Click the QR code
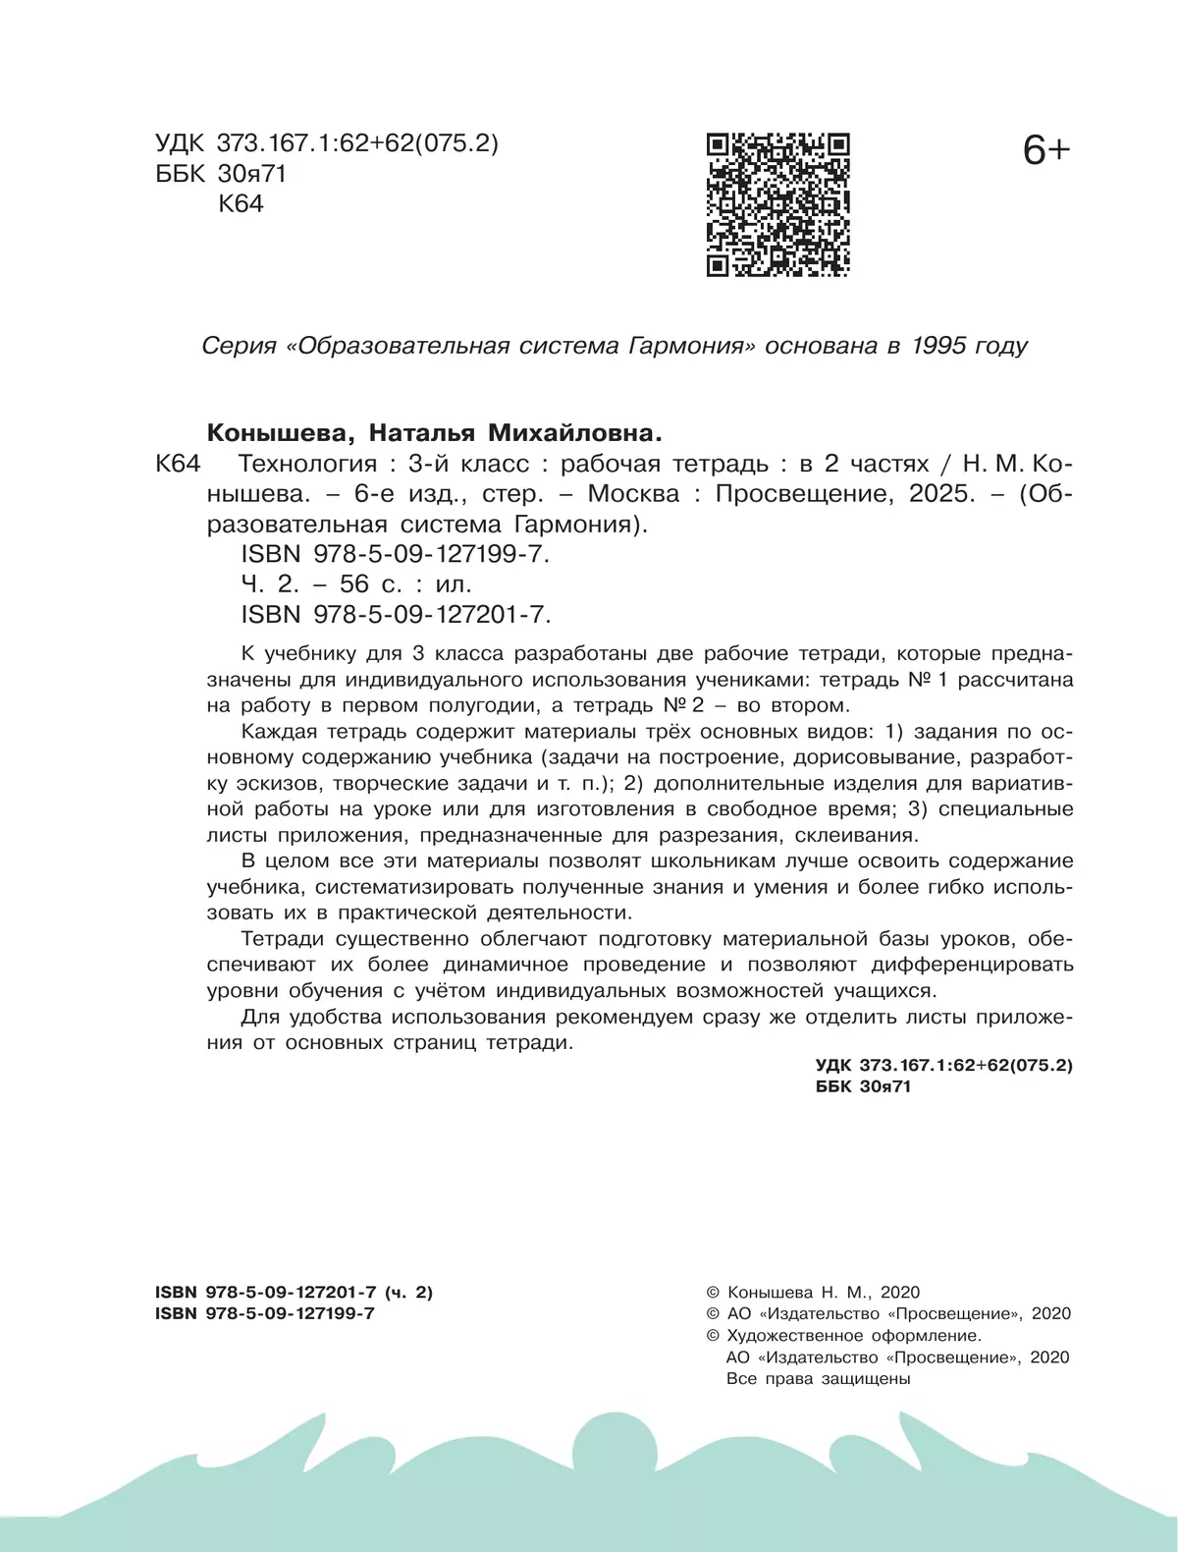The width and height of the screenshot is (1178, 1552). click(x=777, y=204)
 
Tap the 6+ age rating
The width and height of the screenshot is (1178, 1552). click(x=1045, y=151)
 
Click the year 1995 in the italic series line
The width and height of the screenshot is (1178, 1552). click(x=938, y=346)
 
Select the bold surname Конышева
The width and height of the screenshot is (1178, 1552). click(x=270, y=433)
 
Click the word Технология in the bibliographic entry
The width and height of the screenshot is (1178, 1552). click(x=308, y=464)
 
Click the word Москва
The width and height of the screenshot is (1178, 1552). click(x=633, y=494)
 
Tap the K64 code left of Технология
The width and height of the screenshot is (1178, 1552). click(x=178, y=464)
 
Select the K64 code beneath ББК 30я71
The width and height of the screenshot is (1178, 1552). click(x=241, y=204)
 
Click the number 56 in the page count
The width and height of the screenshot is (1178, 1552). click(x=354, y=584)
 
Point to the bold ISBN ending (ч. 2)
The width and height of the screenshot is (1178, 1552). click(x=294, y=1293)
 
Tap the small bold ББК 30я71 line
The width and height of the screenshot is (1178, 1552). click(x=863, y=1086)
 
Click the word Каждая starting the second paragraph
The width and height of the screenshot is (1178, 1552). click(x=279, y=732)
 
